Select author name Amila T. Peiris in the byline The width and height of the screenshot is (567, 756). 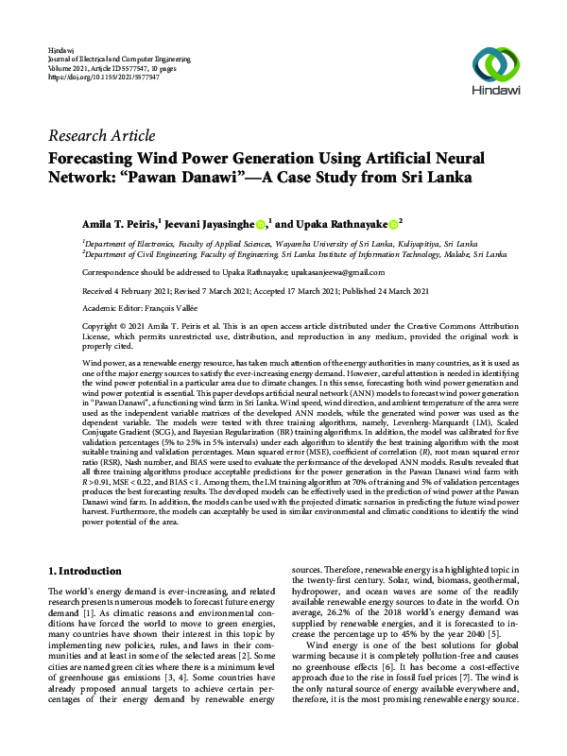click(x=120, y=223)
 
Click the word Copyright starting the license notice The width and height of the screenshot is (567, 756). click(x=68, y=323)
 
